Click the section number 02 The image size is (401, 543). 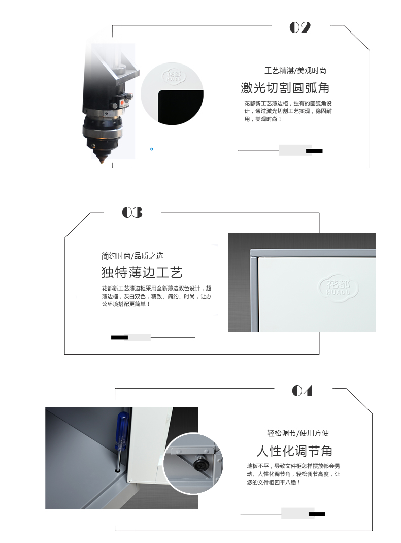(300, 28)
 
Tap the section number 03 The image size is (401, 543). (132, 212)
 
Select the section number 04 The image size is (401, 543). (303, 391)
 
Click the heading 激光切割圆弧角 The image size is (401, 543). (285, 88)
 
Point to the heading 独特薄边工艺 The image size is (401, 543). (142, 273)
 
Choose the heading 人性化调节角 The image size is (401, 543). (294, 451)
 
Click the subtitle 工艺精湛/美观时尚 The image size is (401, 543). (295, 71)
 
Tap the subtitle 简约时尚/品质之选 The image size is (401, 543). (132, 256)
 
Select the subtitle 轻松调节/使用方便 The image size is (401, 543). (298, 433)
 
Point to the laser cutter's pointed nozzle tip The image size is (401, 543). (102, 162)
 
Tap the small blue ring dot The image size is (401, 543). (152, 149)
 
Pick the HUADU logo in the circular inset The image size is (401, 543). (175, 77)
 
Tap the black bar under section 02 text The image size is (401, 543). (314, 151)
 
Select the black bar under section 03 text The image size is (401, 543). (119, 337)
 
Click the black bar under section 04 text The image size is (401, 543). (317, 514)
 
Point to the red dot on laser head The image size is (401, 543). (122, 103)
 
